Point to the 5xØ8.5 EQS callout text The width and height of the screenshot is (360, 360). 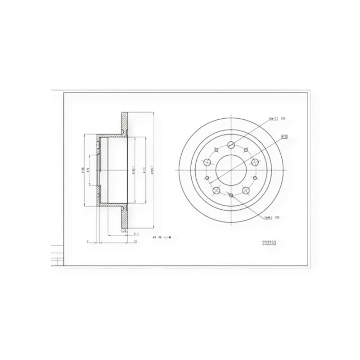click(271, 217)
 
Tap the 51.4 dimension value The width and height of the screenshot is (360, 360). click(136, 234)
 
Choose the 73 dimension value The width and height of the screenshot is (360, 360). click(135, 242)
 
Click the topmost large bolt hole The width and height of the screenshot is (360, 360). click(231, 144)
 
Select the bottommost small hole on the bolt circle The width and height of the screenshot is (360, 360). click(231, 195)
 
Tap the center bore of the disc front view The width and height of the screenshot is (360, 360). click(230, 170)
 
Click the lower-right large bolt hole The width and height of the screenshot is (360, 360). click(246, 191)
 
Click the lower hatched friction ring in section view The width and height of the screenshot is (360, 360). click(124, 218)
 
